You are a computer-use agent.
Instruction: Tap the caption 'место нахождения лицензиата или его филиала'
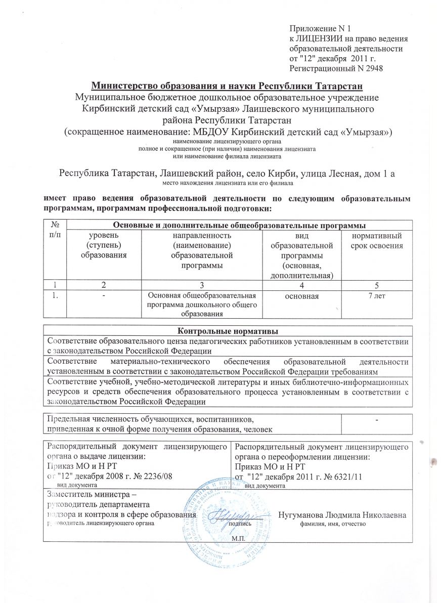(228, 183)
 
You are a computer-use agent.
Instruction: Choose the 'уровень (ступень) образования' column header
(105, 245)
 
